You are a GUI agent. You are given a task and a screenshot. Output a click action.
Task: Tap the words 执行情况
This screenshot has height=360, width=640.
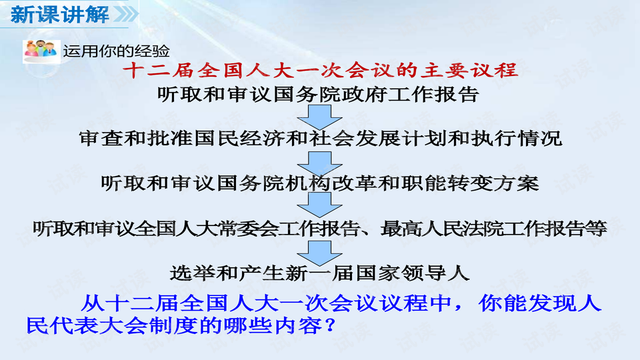point(528,138)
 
